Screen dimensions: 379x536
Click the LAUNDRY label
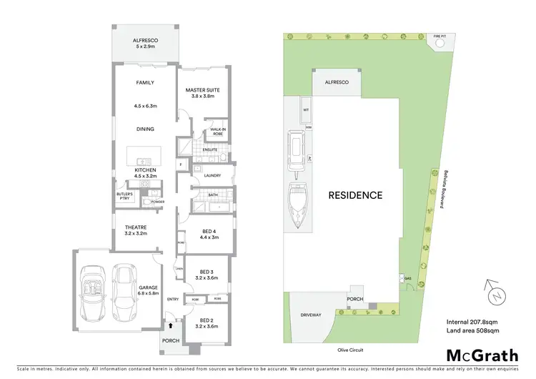pos(212,175)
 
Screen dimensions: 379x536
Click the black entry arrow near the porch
pos(169,325)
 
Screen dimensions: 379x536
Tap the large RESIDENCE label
pos(355,195)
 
